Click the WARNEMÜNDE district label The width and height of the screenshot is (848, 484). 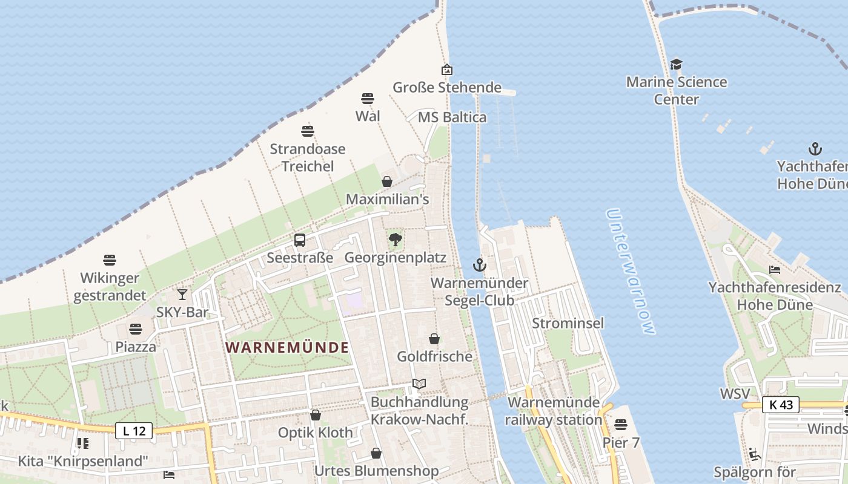click(287, 348)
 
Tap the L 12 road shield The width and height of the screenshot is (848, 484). click(134, 431)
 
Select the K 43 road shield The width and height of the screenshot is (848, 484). click(781, 405)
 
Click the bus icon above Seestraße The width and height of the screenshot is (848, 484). click(300, 240)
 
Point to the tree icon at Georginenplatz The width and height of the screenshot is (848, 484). click(396, 240)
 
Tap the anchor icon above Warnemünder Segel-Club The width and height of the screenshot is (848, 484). click(479, 265)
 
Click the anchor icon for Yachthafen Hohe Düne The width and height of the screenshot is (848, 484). click(815, 148)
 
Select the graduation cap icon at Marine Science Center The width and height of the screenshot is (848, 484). click(676, 64)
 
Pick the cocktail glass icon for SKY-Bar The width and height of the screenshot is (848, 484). click(182, 295)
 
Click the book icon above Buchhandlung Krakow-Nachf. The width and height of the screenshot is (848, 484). click(419, 384)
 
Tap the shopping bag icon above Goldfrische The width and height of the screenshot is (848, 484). click(434, 339)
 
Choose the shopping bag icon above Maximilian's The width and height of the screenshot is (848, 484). click(387, 181)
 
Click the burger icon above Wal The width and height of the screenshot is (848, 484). click(368, 99)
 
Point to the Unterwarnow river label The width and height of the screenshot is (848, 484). click(631, 272)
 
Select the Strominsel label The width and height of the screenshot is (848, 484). click(568, 323)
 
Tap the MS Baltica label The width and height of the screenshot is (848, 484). click(452, 117)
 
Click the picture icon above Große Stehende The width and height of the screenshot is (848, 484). click(447, 70)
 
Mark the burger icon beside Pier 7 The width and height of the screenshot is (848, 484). click(621, 425)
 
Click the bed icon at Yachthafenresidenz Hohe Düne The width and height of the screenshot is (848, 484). click(775, 270)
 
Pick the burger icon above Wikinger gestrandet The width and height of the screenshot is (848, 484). click(110, 260)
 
